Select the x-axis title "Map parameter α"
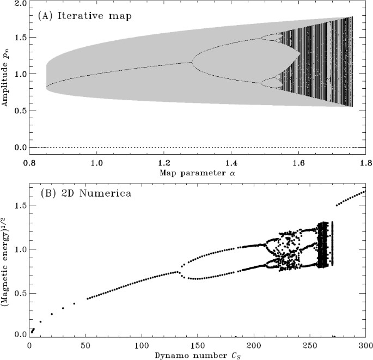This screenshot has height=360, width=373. click(x=197, y=173)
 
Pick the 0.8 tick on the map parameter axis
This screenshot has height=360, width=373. click(x=30, y=163)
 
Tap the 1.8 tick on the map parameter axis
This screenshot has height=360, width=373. click(x=365, y=163)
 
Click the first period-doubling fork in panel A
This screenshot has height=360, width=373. click(x=191, y=62)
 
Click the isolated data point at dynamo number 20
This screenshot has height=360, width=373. click(x=52, y=314)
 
